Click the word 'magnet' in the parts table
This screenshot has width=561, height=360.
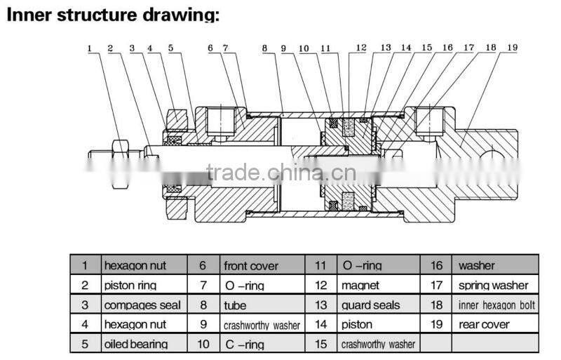[x=360, y=286]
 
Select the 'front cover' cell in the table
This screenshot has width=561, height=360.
[x=251, y=266]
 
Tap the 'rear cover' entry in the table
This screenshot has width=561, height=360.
[x=484, y=324]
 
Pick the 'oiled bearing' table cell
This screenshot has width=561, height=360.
[x=136, y=345]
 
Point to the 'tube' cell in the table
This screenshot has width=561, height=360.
[x=235, y=305]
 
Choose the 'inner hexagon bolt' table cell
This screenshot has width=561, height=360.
[x=496, y=305]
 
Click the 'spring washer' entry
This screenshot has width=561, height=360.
[x=494, y=286]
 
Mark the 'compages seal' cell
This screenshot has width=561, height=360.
[x=142, y=305]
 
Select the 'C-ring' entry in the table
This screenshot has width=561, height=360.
[x=245, y=345]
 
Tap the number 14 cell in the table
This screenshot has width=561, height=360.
[x=321, y=324]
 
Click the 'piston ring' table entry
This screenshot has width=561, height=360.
[x=130, y=286]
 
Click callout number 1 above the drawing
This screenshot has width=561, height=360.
[x=90, y=48]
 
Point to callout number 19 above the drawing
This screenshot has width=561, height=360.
[x=513, y=47]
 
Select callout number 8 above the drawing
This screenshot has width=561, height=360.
[x=264, y=48]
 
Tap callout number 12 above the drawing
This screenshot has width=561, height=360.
[x=361, y=48]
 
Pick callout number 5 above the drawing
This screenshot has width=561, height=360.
[x=170, y=48]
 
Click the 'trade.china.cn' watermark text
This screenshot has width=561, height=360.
[x=281, y=173]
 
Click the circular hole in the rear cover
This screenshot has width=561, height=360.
[x=492, y=157]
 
